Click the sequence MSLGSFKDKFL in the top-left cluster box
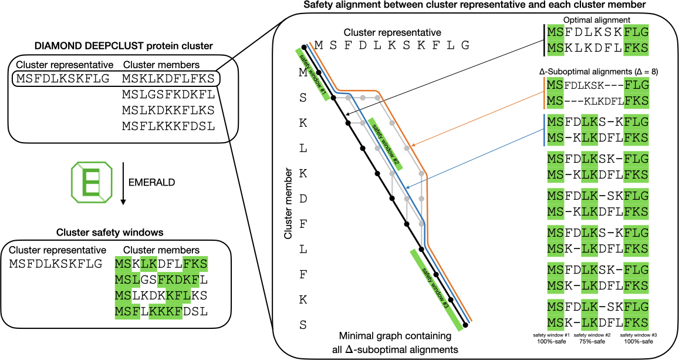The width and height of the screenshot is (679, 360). pyautogui.click(x=168, y=94)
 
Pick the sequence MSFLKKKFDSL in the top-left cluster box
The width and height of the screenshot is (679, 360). pyautogui.click(x=168, y=126)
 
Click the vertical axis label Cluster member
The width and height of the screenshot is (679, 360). pyautogui.click(x=288, y=205)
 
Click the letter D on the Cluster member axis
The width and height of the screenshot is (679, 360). pyautogui.click(x=303, y=199)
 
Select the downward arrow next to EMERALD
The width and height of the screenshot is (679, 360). pyautogui.click(x=123, y=184)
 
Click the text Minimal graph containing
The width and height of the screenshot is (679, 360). pyautogui.click(x=394, y=337)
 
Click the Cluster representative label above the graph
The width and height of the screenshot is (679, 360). pyautogui.click(x=392, y=32)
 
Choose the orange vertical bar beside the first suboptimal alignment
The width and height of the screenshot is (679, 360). pyautogui.click(x=543, y=94)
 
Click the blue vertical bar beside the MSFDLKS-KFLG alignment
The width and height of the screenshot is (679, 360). pyautogui.click(x=543, y=130)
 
